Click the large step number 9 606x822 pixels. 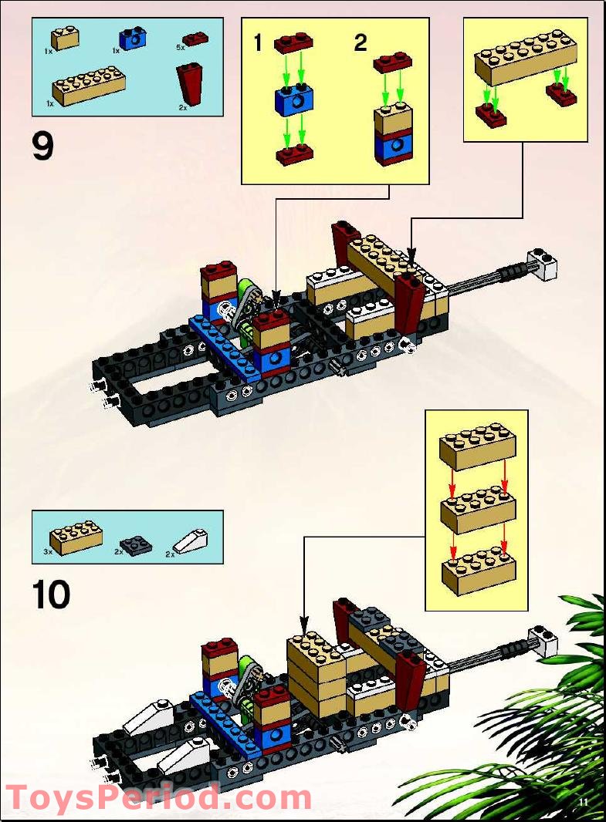tap(43, 147)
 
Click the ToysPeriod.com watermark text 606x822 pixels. tap(158, 797)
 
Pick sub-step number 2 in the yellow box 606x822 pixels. tap(361, 42)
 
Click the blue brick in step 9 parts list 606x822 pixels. tap(133, 38)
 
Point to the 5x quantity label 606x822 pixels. tap(181, 48)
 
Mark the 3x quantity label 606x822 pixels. tap(48, 552)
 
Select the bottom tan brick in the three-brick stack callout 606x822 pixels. tap(478, 571)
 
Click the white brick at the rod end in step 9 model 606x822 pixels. tap(542, 264)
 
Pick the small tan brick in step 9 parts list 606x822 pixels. tap(66, 38)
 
